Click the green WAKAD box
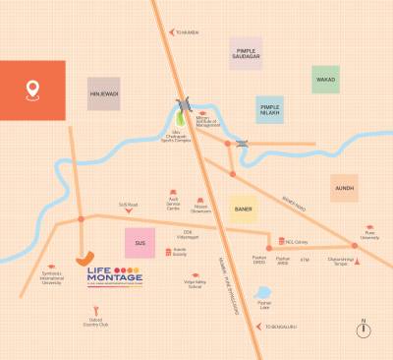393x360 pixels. pos(325,80)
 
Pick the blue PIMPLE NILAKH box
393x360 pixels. pos(270,109)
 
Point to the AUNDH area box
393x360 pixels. pos(343,187)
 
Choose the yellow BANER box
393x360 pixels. pos(245,209)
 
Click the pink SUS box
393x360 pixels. pos(140,243)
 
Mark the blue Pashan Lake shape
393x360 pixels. pos(262,293)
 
